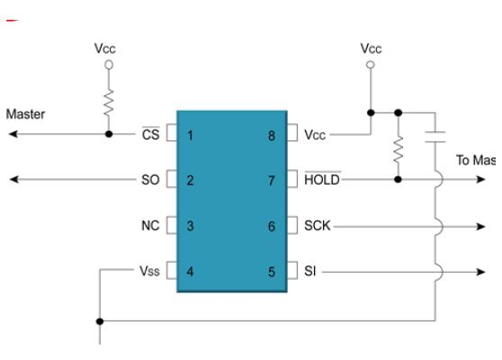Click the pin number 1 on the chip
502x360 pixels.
click(x=191, y=134)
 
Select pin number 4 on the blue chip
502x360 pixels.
click(x=191, y=271)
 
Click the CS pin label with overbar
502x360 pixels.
click(x=151, y=134)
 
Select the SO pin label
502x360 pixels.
click(x=150, y=180)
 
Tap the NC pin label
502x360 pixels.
click(x=150, y=225)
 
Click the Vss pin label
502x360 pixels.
click(x=148, y=271)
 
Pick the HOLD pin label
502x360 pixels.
click(x=321, y=180)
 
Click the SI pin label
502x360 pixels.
click(x=308, y=271)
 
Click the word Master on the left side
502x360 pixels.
click(x=26, y=114)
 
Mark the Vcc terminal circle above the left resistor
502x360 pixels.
click(x=109, y=65)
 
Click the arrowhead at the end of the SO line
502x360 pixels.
click(x=13, y=180)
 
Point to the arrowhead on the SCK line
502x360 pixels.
click(x=480, y=225)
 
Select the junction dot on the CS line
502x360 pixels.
click(x=109, y=134)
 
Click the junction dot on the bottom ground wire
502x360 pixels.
click(x=100, y=319)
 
